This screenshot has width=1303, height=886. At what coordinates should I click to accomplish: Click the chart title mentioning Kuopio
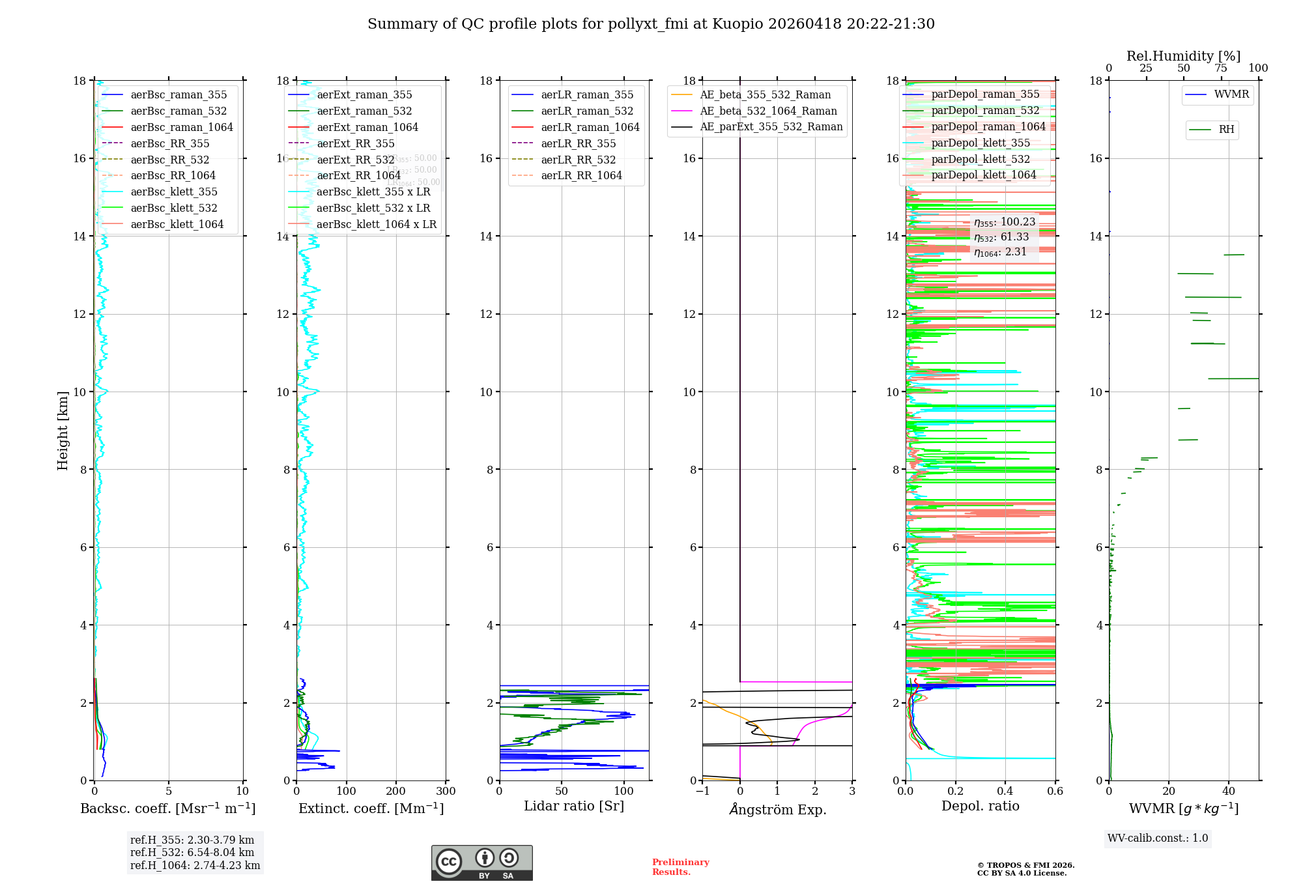[651, 24]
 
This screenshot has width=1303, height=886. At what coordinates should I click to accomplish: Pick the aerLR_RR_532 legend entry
[578, 160]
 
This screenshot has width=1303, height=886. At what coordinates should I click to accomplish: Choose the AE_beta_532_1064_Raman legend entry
[768, 111]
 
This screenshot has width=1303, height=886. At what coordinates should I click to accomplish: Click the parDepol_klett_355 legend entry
[981, 143]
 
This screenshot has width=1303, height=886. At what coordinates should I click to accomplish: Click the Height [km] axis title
[63, 431]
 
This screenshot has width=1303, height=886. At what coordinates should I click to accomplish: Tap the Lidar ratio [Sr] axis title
[574, 807]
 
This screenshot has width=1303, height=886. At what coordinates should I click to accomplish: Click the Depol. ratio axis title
[980, 807]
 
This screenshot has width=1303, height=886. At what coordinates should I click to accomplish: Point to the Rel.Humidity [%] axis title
[1183, 56]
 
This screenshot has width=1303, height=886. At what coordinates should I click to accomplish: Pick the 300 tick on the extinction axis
[446, 792]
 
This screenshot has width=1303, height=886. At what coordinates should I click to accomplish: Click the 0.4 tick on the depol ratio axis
[1005, 792]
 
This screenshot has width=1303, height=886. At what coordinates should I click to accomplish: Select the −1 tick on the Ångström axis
[702, 792]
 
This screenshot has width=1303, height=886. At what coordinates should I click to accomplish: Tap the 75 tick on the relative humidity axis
[1221, 68]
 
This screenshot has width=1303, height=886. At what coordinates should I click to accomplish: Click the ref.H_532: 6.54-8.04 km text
[192, 853]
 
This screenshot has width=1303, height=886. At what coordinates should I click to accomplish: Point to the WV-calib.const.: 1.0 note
[1158, 838]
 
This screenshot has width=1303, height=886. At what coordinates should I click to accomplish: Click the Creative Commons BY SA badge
[481, 863]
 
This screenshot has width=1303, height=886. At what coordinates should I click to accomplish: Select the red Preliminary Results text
[680, 867]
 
